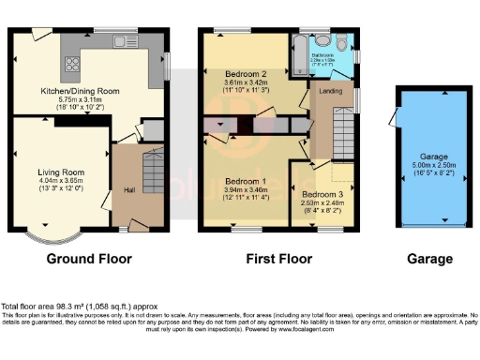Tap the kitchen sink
[x=121, y=40]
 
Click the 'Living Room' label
[x=61, y=172]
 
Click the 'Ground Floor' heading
[x=89, y=259]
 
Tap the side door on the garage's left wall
[x=394, y=120]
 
